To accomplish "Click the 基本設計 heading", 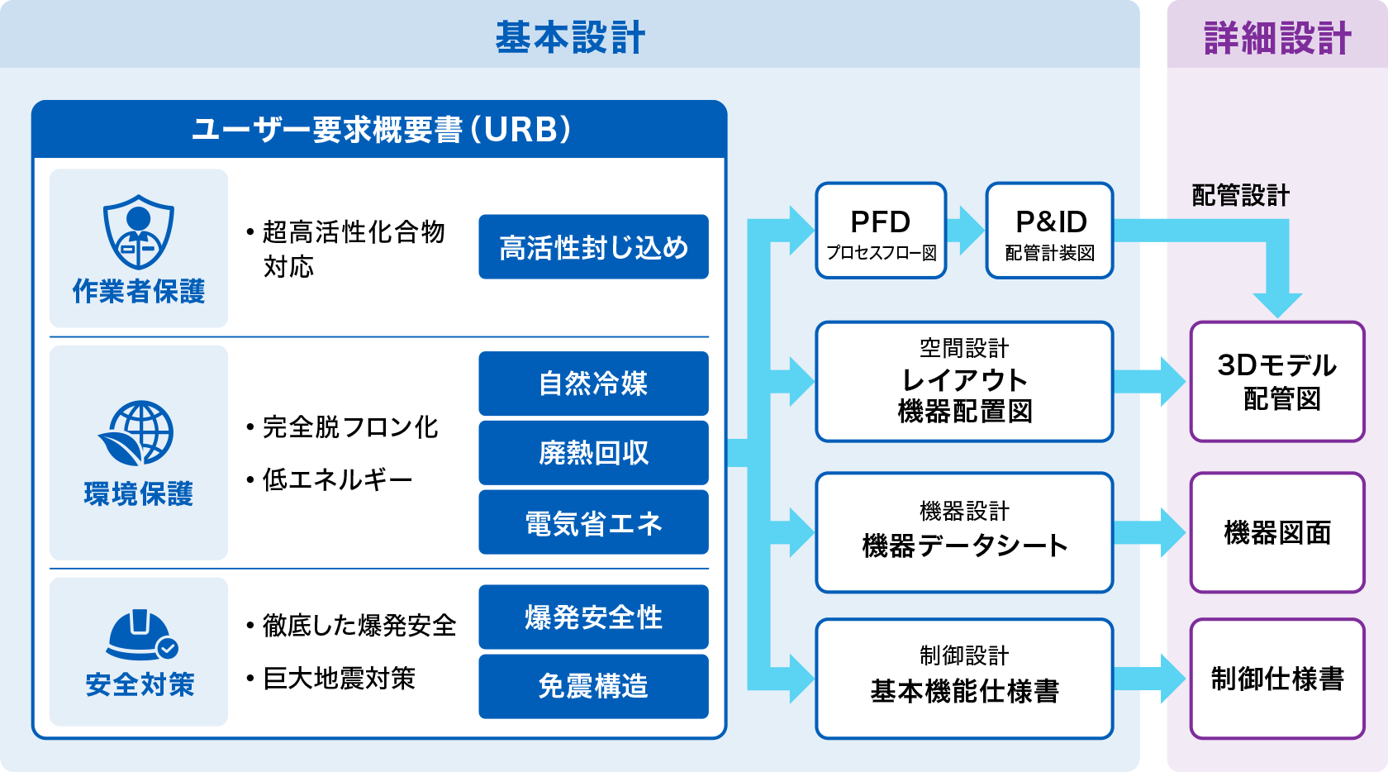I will coord(570,38).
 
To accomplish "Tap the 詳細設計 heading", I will coord(1277,38).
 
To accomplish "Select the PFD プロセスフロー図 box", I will coord(881,231).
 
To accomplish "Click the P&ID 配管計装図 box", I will coord(1050,231).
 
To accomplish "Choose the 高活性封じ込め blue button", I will coord(593,247).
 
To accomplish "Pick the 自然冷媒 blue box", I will coord(593,384).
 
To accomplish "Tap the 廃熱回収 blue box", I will coord(593,453).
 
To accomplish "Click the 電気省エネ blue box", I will coord(593,522).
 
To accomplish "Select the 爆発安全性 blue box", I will coord(593,617).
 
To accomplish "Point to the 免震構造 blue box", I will coord(593,686).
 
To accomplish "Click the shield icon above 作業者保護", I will coord(138,232).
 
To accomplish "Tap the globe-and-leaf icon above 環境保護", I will coord(137,434).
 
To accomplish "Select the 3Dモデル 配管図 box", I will coord(1277,382).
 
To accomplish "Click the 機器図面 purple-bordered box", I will coord(1277,533).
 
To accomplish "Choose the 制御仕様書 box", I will coord(1277,679).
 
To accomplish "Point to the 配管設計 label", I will coord(1240,196).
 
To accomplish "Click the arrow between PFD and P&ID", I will coord(965,230).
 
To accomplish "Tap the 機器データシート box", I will coord(964,532).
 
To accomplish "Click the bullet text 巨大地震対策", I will coord(339,679).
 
